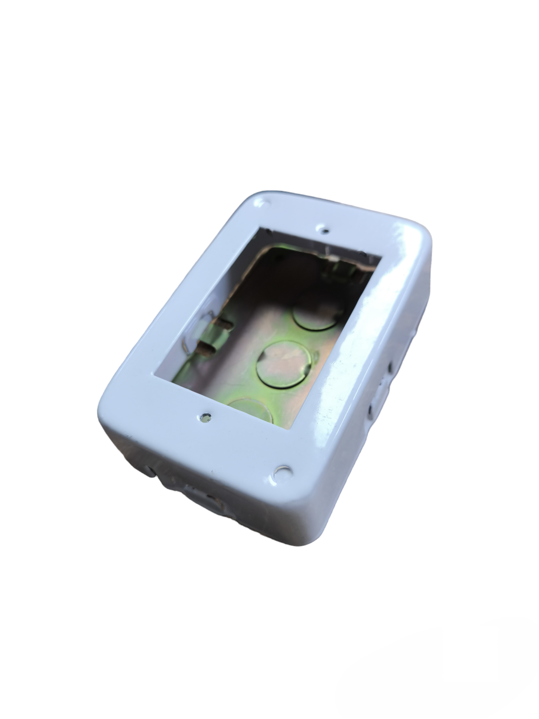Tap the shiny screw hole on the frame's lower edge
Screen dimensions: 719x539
click(x=206, y=417)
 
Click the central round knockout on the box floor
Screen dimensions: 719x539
click(x=284, y=364)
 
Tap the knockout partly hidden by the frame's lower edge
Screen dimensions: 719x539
click(x=252, y=410)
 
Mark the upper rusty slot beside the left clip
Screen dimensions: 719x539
click(x=226, y=322)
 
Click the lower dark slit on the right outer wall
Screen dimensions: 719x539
click(x=370, y=408)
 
